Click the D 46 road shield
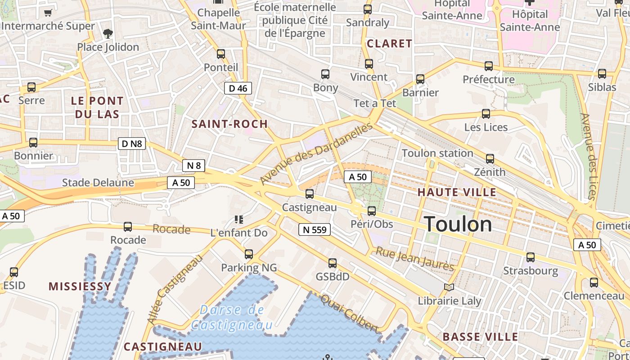[238, 88]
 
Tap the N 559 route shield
[315, 230]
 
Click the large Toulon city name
[458, 224]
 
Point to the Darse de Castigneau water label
[232, 317]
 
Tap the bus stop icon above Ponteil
[221, 54]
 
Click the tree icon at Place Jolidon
[108, 33]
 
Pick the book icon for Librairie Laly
[449, 287]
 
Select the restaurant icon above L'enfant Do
[239, 220]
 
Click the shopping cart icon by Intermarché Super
[48, 13]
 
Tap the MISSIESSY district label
[80, 287]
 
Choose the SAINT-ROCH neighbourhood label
[230, 124]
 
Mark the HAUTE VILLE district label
[457, 193]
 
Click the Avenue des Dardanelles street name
[317, 153]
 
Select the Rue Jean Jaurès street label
[415, 259]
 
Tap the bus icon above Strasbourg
[531, 257]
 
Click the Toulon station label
[437, 153]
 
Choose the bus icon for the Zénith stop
[490, 159]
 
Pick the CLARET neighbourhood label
[390, 44]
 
